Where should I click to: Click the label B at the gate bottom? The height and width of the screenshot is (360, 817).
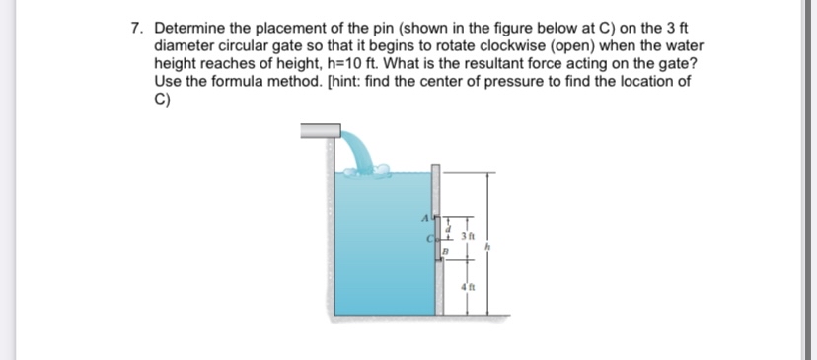(x=446, y=252)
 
